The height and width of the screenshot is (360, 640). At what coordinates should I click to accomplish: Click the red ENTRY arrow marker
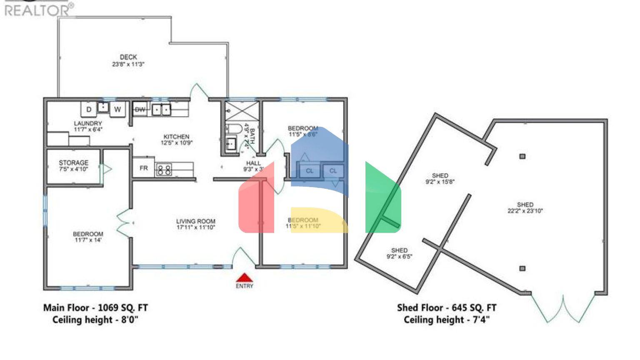point(245,278)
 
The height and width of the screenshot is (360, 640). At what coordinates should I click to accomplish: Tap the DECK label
point(128,57)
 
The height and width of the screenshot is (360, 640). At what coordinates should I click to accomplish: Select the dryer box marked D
point(89,110)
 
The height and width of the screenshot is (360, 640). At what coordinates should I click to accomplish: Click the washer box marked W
point(117,110)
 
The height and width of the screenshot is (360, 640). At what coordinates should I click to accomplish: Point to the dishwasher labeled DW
point(140,110)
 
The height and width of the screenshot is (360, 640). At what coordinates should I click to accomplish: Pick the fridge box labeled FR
point(144,168)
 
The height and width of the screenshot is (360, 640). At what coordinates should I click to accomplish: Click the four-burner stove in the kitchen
point(164,170)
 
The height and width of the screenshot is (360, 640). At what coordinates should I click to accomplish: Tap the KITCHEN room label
point(176,137)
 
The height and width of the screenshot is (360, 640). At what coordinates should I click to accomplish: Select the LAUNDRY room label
point(88,123)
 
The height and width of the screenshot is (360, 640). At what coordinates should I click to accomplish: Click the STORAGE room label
point(74,162)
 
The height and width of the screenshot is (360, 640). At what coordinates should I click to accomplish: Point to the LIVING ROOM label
point(196,221)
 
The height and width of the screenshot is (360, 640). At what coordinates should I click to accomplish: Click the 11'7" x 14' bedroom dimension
point(88,240)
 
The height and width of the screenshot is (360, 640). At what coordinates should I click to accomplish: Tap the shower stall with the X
point(242,111)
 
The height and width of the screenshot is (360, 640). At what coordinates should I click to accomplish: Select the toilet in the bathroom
point(233,128)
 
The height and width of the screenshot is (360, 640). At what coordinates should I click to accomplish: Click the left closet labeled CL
point(310,171)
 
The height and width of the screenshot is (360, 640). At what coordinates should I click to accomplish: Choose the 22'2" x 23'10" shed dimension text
point(525,211)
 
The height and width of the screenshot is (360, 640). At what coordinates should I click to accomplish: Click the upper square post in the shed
point(522,156)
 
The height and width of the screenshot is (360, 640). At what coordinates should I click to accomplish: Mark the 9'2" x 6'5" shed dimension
point(399,257)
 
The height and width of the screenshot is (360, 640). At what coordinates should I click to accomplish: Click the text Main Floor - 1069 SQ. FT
point(95,308)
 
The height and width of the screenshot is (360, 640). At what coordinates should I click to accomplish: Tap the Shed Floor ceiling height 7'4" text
point(447,320)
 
